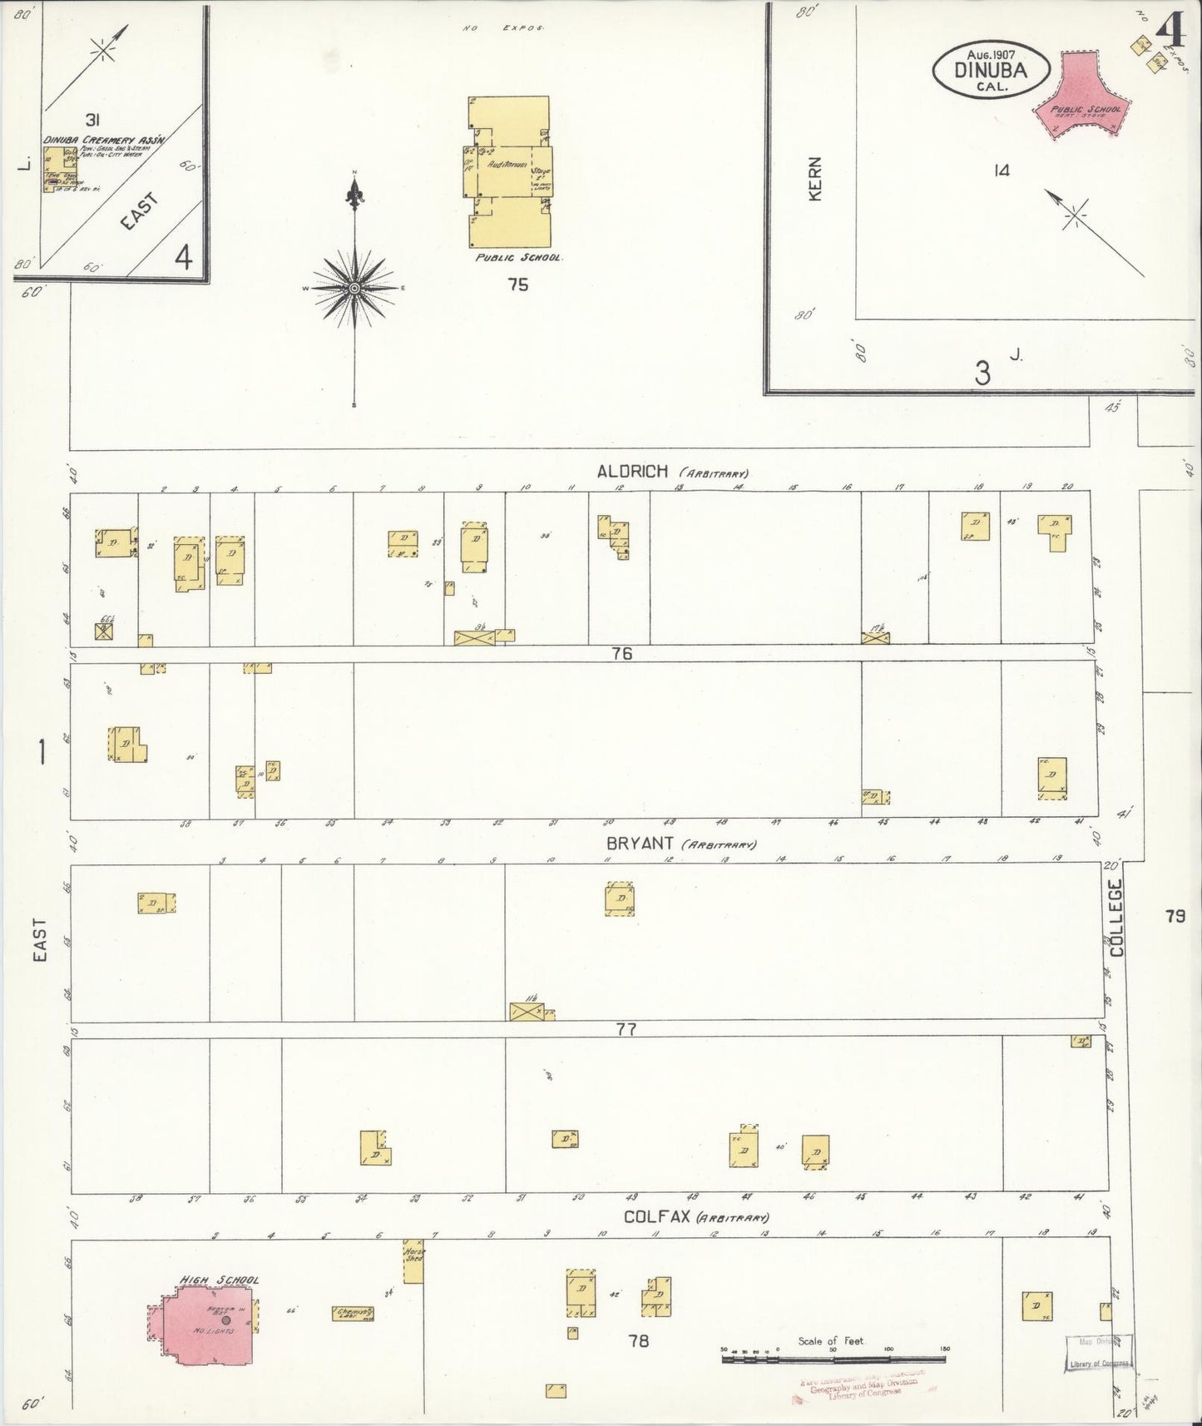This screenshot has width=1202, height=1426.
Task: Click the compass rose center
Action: click(354, 288)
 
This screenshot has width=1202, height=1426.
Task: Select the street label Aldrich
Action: click(632, 472)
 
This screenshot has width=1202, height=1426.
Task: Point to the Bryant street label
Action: click(639, 843)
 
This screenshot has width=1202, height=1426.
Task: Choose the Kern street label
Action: click(815, 177)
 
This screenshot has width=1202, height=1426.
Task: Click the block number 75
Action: click(517, 285)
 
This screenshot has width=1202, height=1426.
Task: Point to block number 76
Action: click(621, 654)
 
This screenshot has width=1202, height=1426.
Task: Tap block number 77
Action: click(626, 1029)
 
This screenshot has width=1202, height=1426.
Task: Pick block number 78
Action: click(638, 1340)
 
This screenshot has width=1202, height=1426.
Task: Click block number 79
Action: click(1175, 916)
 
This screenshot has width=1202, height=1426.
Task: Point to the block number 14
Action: click(1002, 171)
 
